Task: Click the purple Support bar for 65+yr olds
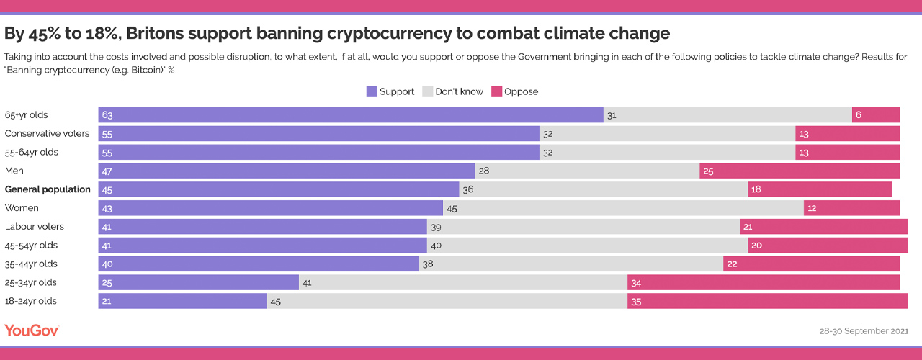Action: coord(351,115)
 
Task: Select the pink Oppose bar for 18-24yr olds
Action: coord(767,301)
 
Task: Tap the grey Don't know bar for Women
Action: coord(623,208)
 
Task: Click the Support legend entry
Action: coord(390,91)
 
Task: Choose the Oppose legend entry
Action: coord(514,91)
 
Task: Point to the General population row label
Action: coord(48,189)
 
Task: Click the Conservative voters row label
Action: coord(48,133)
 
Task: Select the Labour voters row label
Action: coord(35,227)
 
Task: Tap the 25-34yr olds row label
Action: coord(31,282)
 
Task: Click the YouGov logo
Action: coord(32,330)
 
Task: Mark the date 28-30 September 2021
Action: coord(864,331)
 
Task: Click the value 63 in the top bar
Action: coord(108,115)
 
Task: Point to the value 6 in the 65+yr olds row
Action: coord(859,115)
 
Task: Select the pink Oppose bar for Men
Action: coord(800,171)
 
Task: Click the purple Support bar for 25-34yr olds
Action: coord(198,282)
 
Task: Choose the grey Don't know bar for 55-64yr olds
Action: coord(667,152)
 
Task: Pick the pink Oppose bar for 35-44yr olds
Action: coord(811,264)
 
